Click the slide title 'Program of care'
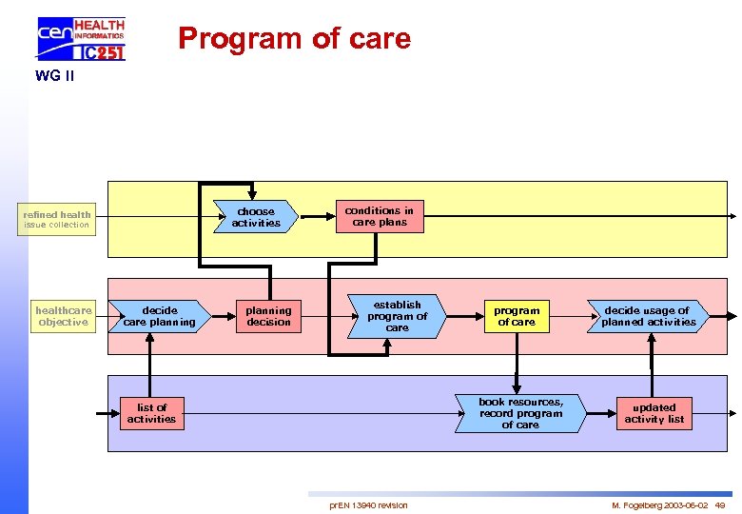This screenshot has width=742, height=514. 294,38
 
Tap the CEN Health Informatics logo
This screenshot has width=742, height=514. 81,39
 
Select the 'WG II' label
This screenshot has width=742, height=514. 54,75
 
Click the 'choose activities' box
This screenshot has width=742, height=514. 256,217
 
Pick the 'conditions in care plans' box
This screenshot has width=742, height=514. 379,216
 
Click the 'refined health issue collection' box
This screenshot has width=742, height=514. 57,220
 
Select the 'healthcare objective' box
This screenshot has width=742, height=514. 63,316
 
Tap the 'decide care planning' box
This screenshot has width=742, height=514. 159,316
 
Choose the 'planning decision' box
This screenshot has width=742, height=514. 268,316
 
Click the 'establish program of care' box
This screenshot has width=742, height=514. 397,316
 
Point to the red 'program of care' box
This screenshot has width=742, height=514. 517,316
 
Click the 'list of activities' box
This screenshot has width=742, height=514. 151,413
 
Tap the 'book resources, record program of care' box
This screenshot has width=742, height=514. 519,413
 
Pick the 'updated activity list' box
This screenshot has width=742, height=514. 654,413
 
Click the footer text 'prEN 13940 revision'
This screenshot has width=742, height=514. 368,504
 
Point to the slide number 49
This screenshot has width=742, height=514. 720,504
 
